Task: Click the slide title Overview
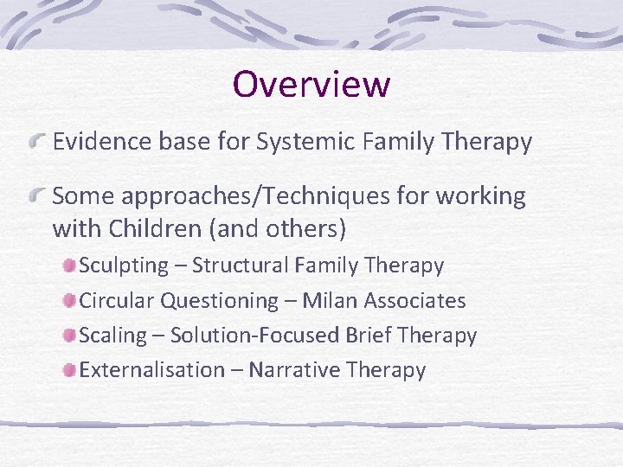click(311, 85)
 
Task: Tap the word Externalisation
click(151, 370)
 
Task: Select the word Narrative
click(293, 370)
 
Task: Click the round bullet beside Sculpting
click(69, 265)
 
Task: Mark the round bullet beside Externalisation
click(69, 370)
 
